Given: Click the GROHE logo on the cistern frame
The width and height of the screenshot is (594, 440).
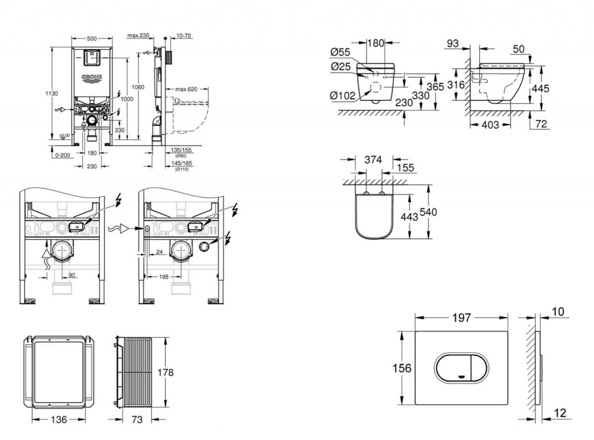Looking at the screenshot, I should (91, 77).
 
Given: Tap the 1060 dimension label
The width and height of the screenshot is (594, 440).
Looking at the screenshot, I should (138, 87).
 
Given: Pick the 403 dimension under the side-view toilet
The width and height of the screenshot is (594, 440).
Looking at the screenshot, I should (490, 125).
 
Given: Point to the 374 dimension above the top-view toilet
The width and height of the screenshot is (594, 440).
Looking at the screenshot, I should (373, 160).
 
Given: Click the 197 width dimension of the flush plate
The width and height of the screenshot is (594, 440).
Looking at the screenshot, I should (462, 318).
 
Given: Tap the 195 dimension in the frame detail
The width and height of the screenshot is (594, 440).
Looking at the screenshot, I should (164, 277).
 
